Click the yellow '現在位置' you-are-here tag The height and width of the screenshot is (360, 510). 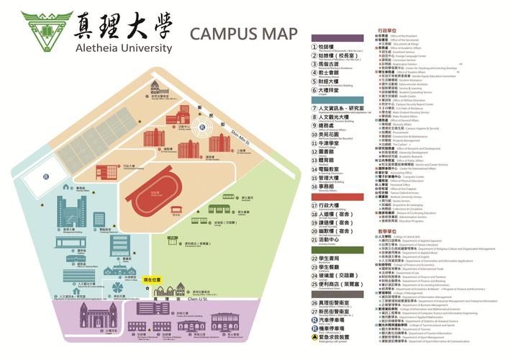pyautogui.click(x=153, y=279)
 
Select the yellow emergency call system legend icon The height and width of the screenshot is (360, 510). pyautogui.click(x=314, y=336)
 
